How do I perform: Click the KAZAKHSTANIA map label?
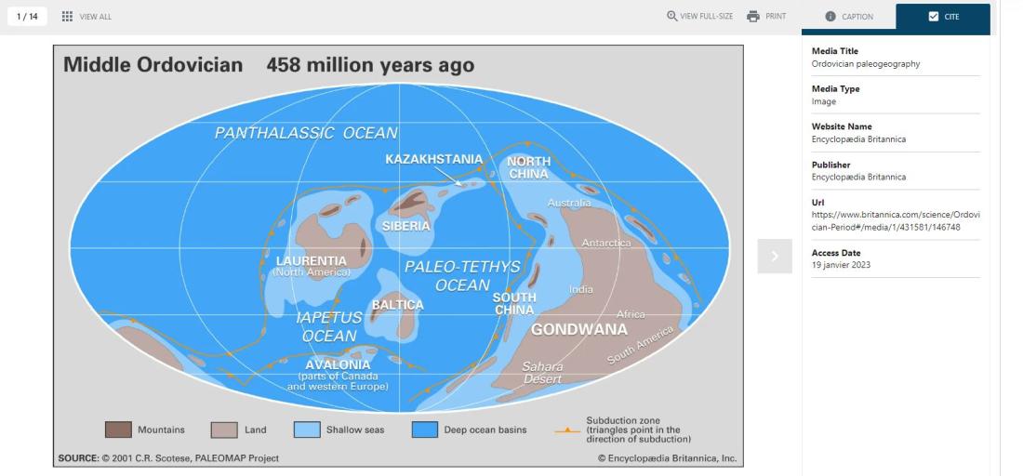click(x=434, y=159)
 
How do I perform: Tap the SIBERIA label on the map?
click(x=405, y=226)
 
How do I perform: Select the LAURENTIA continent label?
click(x=312, y=261)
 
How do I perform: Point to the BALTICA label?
click(x=397, y=305)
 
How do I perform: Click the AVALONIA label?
click(x=338, y=364)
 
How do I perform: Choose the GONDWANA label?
click(x=579, y=329)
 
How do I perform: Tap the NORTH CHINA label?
click(x=529, y=167)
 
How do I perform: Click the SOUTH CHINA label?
click(x=514, y=303)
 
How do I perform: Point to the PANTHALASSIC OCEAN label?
click(x=306, y=133)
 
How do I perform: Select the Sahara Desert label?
click(x=543, y=372)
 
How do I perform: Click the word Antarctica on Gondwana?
click(x=606, y=243)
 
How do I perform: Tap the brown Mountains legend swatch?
click(x=118, y=430)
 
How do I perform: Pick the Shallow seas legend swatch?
click(x=307, y=430)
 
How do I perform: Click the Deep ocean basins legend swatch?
click(x=425, y=430)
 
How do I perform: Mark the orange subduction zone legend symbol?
click(x=567, y=430)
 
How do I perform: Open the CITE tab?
click(x=943, y=17)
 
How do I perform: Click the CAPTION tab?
click(x=849, y=17)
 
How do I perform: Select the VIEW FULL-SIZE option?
click(x=700, y=17)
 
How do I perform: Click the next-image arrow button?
click(x=775, y=257)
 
